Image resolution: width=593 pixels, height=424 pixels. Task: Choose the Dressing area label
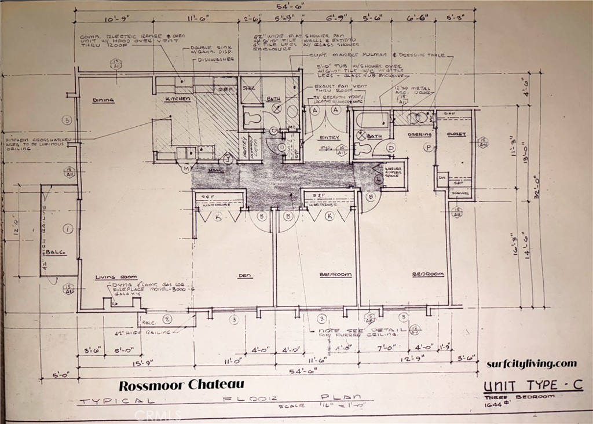tap(419, 134)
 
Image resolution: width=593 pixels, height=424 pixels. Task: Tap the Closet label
tap(456, 134)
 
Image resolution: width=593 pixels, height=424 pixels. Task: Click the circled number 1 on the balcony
tap(67, 229)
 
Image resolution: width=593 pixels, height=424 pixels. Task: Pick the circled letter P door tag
tap(429, 148)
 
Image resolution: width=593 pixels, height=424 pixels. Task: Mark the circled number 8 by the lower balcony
tap(167, 319)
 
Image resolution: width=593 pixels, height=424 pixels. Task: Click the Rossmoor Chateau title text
tap(181, 384)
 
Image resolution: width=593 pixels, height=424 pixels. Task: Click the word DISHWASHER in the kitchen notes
tap(215, 59)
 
